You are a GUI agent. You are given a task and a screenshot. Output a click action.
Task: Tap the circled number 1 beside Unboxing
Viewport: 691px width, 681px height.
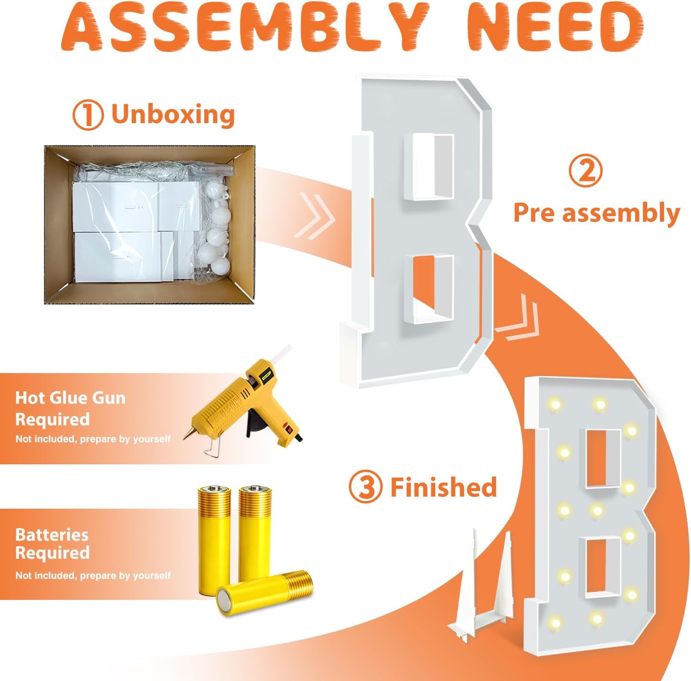(87, 115)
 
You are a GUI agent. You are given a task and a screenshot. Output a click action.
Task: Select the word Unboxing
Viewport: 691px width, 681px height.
(173, 115)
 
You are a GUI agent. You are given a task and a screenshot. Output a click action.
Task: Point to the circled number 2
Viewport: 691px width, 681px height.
(586, 171)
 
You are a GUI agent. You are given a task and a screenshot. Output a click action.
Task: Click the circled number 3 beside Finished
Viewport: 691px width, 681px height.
(365, 488)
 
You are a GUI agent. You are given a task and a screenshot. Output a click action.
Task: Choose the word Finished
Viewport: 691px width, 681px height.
(444, 487)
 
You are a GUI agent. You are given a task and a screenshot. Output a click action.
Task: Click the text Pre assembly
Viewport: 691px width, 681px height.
(597, 213)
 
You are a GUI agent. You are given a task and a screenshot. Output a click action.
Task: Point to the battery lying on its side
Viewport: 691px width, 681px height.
(265, 593)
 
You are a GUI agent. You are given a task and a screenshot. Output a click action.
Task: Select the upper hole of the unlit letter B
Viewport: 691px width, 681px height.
(429, 167)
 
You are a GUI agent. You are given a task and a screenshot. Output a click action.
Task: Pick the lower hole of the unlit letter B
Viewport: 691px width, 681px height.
(429, 289)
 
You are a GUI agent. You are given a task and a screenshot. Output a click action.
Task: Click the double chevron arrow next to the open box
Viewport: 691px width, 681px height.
(315, 216)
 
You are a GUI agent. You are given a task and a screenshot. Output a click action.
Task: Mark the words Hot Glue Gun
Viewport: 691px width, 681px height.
(70, 398)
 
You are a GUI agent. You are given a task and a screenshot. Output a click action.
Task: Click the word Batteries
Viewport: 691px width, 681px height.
(52, 534)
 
